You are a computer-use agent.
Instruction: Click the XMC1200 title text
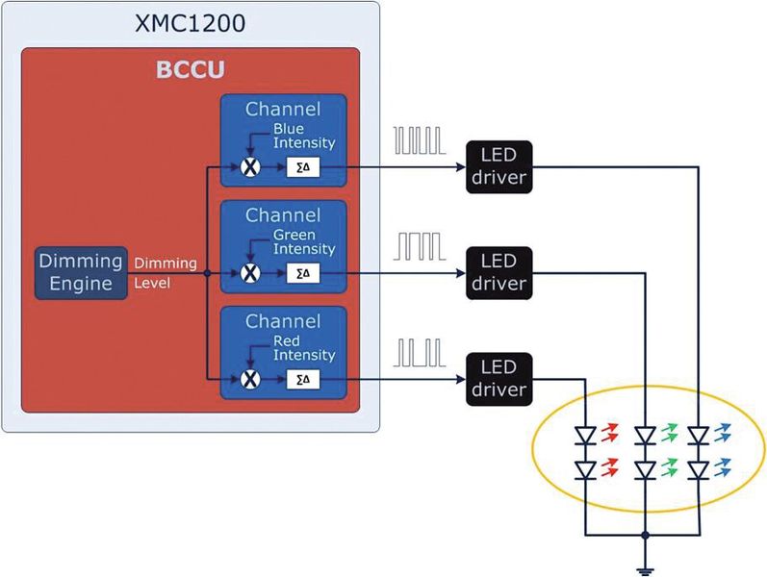[x=191, y=21]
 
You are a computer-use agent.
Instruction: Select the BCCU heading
[x=191, y=70]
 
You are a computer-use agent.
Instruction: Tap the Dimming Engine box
[x=81, y=272]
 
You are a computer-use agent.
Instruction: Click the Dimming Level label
[x=166, y=272]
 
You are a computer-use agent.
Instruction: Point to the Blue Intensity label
[x=304, y=135]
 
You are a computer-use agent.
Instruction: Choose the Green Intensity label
[x=304, y=241]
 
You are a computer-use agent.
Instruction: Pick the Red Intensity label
[x=304, y=348]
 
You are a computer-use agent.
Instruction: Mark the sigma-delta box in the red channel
[x=303, y=380]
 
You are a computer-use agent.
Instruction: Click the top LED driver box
[x=499, y=167]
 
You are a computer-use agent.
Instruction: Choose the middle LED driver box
[x=499, y=273]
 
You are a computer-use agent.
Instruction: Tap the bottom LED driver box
[x=499, y=379]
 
